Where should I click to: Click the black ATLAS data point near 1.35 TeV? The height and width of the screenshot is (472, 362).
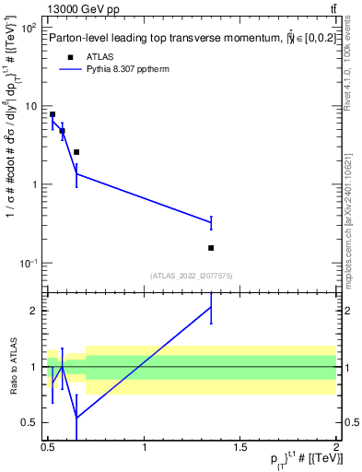211,247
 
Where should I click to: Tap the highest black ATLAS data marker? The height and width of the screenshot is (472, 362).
53,114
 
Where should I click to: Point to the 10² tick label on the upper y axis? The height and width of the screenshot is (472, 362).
29,29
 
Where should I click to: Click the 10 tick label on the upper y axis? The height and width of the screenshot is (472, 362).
30,106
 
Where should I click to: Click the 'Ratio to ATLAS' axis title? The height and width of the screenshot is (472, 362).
12,366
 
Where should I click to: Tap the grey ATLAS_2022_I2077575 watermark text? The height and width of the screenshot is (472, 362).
193,276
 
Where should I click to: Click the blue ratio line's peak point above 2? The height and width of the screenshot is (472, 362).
211,306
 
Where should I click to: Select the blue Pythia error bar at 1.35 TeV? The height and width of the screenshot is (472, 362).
211,222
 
